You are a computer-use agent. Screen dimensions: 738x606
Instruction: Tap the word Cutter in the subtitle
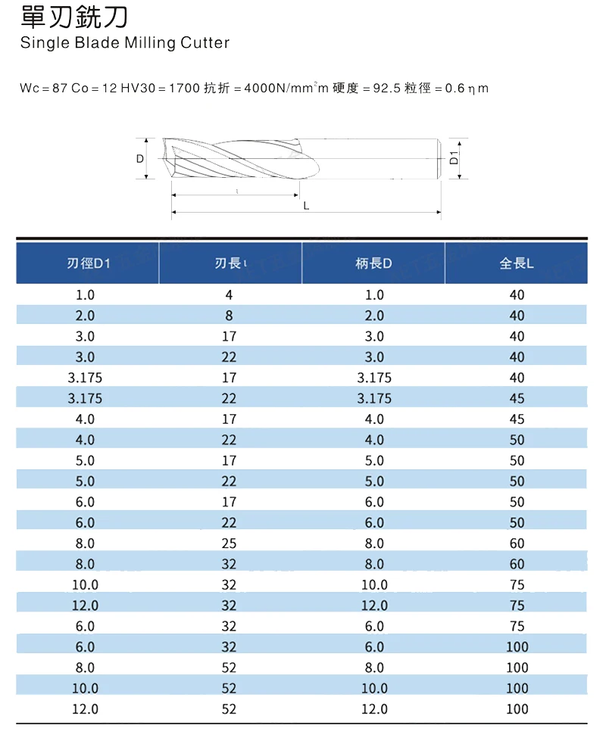(x=205, y=43)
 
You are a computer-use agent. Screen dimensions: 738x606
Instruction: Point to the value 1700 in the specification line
(x=183, y=89)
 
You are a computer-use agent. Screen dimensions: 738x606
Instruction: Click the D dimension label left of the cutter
(x=140, y=159)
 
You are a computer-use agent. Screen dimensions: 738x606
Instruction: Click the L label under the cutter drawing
(x=306, y=206)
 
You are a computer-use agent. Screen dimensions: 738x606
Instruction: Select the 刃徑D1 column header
(x=88, y=263)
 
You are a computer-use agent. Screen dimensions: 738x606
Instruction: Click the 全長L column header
(x=517, y=263)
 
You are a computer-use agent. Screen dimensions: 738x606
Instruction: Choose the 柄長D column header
(x=373, y=263)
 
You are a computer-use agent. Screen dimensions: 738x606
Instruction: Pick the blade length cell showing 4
(x=229, y=294)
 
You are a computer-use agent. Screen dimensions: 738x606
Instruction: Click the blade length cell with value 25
(x=229, y=543)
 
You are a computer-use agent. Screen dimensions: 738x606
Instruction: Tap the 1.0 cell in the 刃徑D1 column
(x=85, y=294)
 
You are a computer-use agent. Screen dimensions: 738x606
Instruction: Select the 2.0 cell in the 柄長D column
(x=374, y=316)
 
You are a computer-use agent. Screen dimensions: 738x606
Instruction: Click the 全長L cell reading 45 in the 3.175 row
(x=517, y=398)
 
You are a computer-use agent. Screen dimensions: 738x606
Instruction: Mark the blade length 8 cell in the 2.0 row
(x=229, y=316)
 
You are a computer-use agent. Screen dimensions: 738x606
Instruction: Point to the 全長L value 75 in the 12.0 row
(x=517, y=606)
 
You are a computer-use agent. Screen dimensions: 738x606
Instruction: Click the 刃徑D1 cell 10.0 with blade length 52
(x=85, y=688)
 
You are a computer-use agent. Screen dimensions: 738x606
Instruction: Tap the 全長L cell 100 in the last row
(x=517, y=709)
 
